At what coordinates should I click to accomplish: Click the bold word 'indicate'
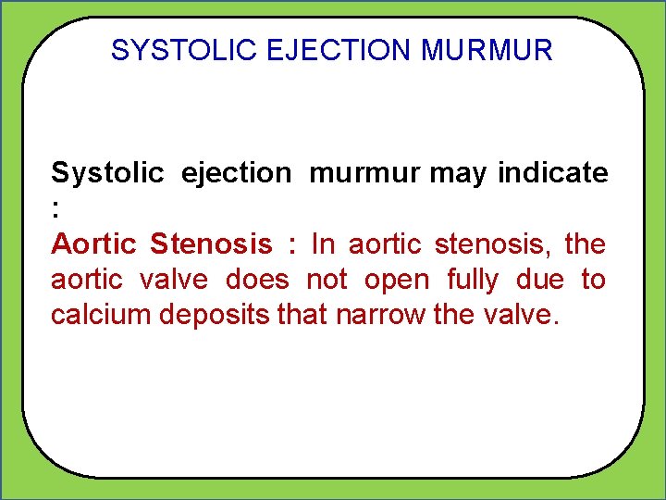pyautogui.click(x=553, y=173)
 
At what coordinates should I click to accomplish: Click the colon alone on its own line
pyautogui.click(x=55, y=209)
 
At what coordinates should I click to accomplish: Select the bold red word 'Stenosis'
pyautogui.click(x=211, y=244)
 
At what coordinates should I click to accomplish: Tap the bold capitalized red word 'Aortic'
pyautogui.click(x=93, y=244)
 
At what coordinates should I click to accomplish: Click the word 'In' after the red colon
pyautogui.click(x=323, y=244)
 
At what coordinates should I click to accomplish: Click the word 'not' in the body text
pyautogui.click(x=327, y=279)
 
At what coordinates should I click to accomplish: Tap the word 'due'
pyautogui.click(x=536, y=279)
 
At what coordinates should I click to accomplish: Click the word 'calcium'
pyautogui.click(x=101, y=314)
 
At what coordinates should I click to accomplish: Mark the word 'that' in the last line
pyautogui.click(x=301, y=314)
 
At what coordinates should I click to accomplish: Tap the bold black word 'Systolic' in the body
pyautogui.click(x=106, y=174)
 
